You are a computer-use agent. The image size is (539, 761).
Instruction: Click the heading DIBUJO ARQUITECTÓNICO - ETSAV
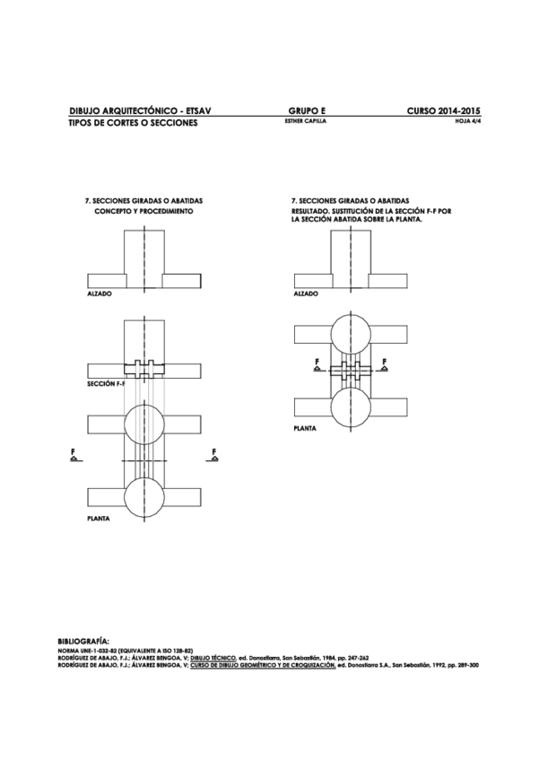[x=139, y=110]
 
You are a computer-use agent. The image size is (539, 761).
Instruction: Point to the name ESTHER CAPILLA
[x=298, y=121]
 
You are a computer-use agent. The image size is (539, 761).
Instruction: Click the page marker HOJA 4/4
[x=469, y=121]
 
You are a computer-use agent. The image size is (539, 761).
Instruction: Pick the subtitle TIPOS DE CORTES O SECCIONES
[x=133, y=122]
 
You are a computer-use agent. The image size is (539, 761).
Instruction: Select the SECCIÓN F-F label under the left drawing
[x=106, y=383]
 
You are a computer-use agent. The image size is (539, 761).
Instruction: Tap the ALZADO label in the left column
[x=100, y=293]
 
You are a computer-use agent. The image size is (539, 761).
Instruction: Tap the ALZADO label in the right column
[x=307, y=293]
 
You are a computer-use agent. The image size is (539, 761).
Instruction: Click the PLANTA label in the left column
[x=99, y=519]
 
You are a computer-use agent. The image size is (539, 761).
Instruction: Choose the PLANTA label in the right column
[x=306, y=429]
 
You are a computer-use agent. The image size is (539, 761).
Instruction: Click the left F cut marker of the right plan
[x=317, y=363]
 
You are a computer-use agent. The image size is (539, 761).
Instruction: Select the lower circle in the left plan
[x=144, y=494]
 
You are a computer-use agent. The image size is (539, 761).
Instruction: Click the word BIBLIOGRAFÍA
[x=83, y=642]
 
